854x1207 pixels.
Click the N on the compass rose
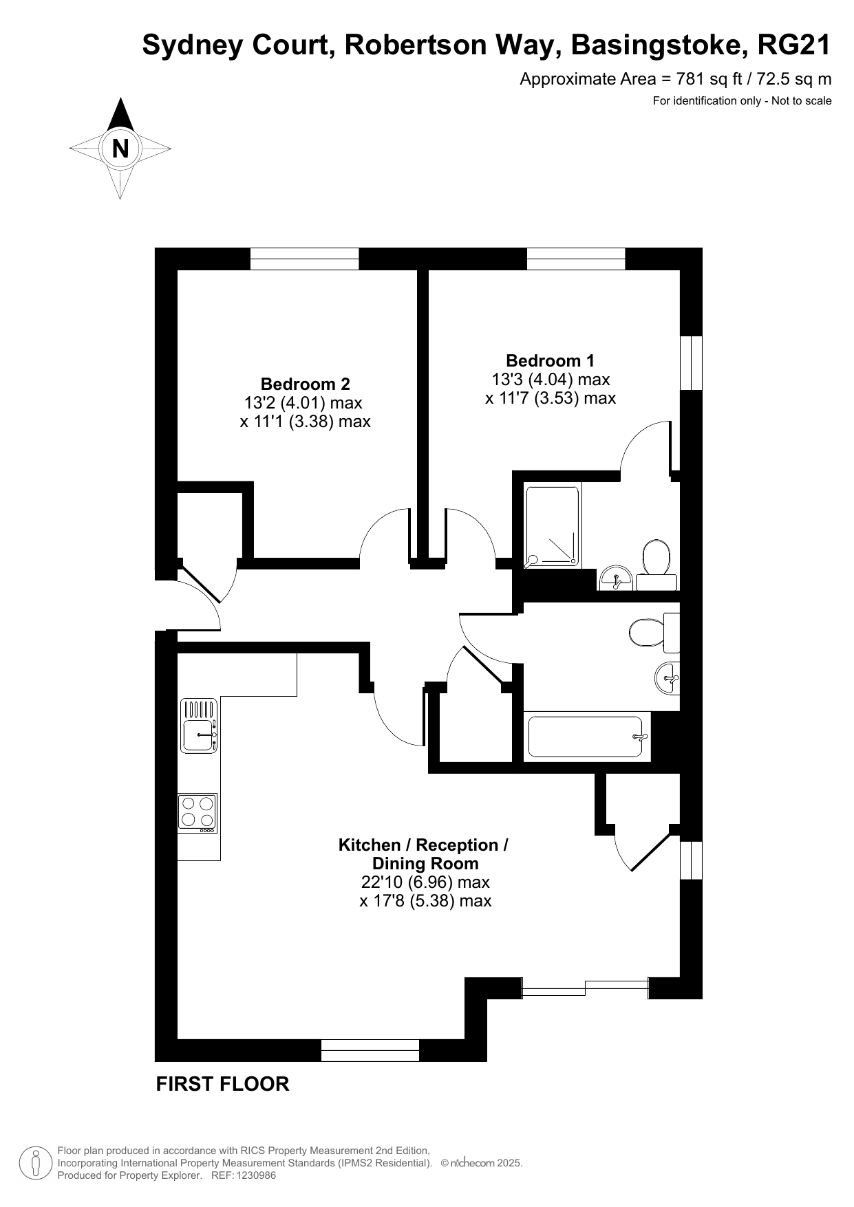coord(120,149)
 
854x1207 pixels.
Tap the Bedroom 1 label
coord(550,360)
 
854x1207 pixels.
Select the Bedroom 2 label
coord(305,384)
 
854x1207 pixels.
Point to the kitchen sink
coord(199,726)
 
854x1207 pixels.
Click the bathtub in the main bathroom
coord(587,738)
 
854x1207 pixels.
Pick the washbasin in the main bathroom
coord(667,678)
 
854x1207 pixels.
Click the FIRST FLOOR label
coord(222,1084)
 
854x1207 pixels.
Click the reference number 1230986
coord(256,1175)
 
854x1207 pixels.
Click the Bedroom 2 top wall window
coord(305,259)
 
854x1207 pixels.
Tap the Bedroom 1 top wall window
coord(576,259)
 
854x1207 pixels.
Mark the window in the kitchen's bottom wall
coord(370,1050)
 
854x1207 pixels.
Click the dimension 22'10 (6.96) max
coord(425,882)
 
